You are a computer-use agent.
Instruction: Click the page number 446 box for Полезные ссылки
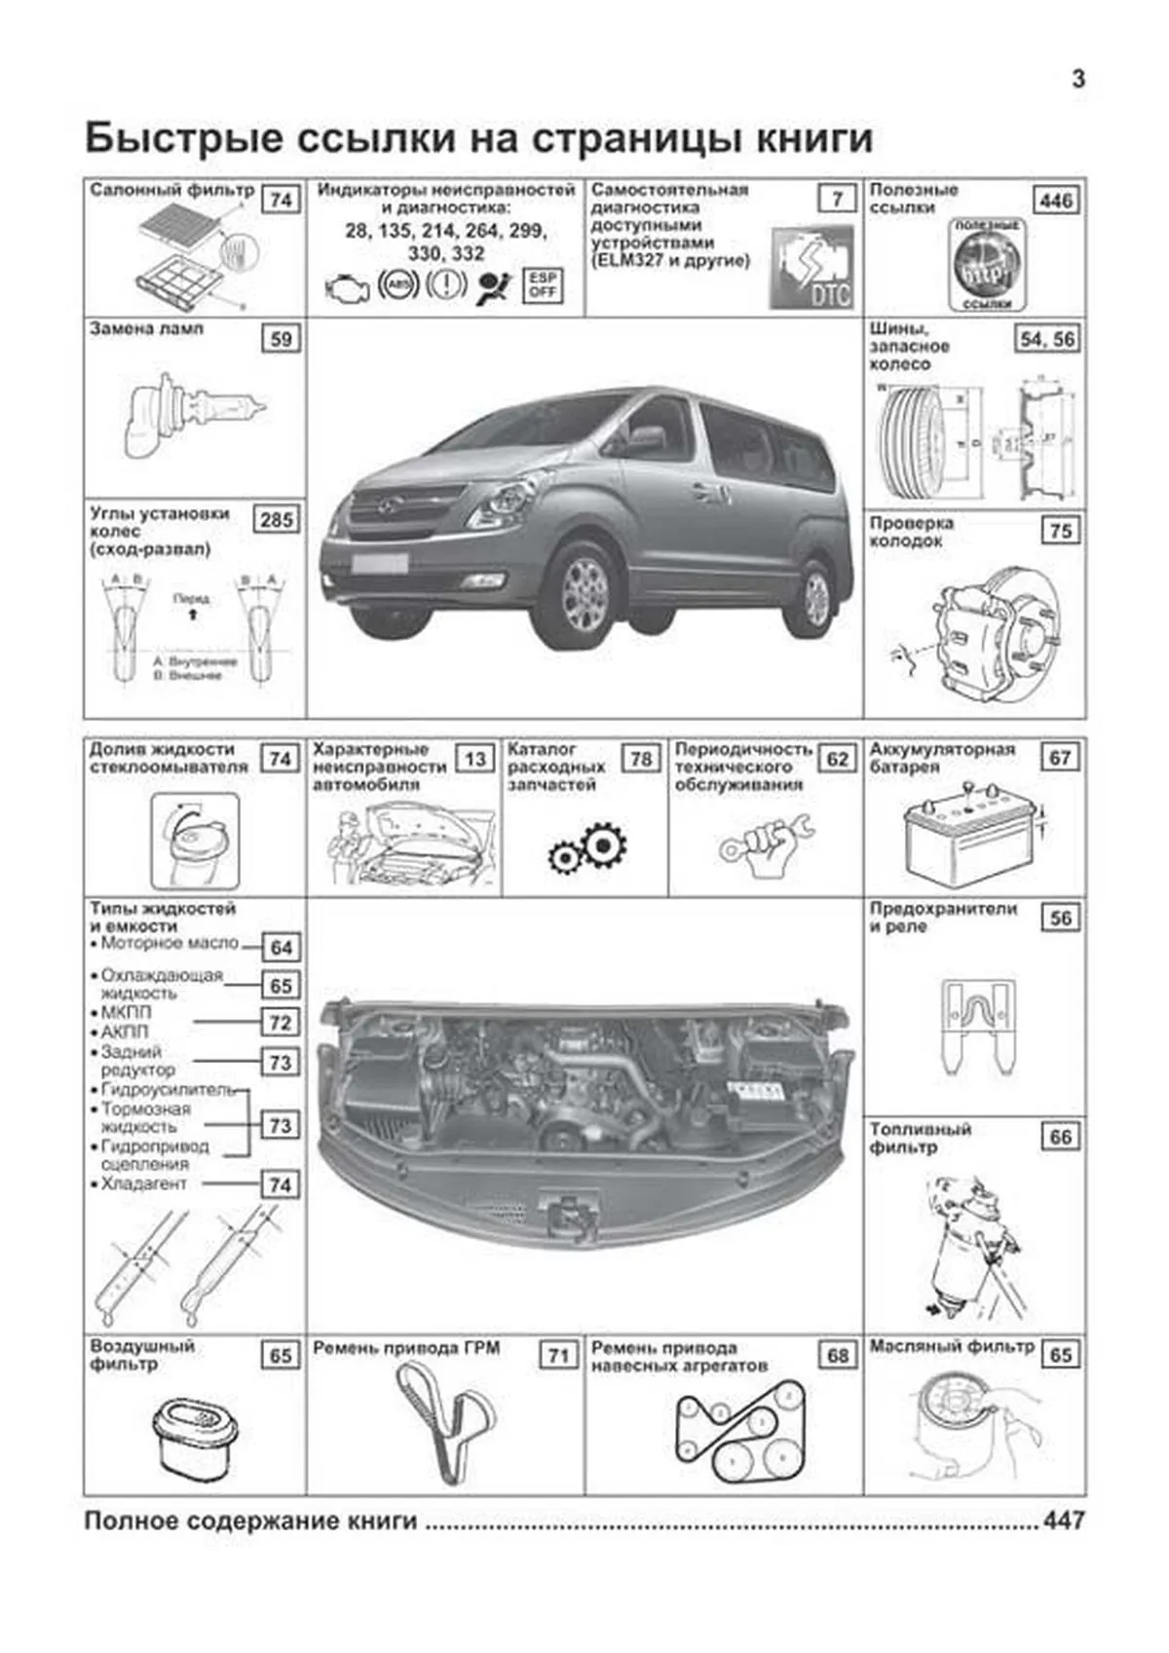coord(1056,201)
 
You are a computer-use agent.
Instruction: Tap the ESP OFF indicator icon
coord(543,284)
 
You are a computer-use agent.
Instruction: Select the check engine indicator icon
coord(346,289)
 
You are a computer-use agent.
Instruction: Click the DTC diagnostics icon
coord(811,268)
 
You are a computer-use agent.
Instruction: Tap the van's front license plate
coord(380,562)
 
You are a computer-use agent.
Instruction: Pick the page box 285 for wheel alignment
coord(277,519)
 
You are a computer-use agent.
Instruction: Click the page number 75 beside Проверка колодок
coord(1060,531)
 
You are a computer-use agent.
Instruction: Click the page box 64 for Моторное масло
coord(281,948)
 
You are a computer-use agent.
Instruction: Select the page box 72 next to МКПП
coord(281,1022)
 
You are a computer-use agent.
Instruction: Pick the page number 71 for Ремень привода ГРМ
coord(558,1355)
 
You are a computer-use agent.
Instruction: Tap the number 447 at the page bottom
coord(1063,1521)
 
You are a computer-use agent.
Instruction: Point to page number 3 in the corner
coord(1077,80)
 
